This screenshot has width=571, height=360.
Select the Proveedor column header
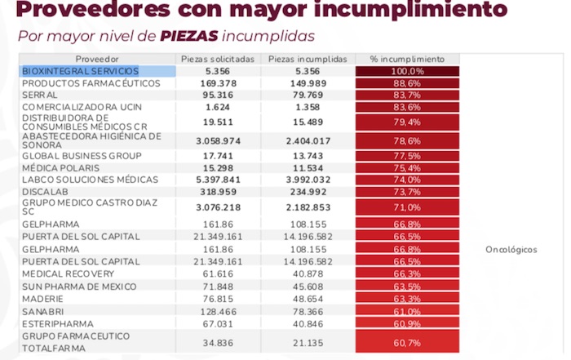point(97,60)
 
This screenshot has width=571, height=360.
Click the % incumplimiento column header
point(407,60)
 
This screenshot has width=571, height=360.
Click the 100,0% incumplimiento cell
point(407,71)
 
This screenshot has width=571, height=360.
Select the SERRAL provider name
point(40,95)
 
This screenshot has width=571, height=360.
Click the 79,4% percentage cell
point(407,122)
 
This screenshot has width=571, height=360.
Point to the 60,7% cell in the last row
point(407,341)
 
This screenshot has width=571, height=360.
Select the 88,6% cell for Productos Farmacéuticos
point(407,83)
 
